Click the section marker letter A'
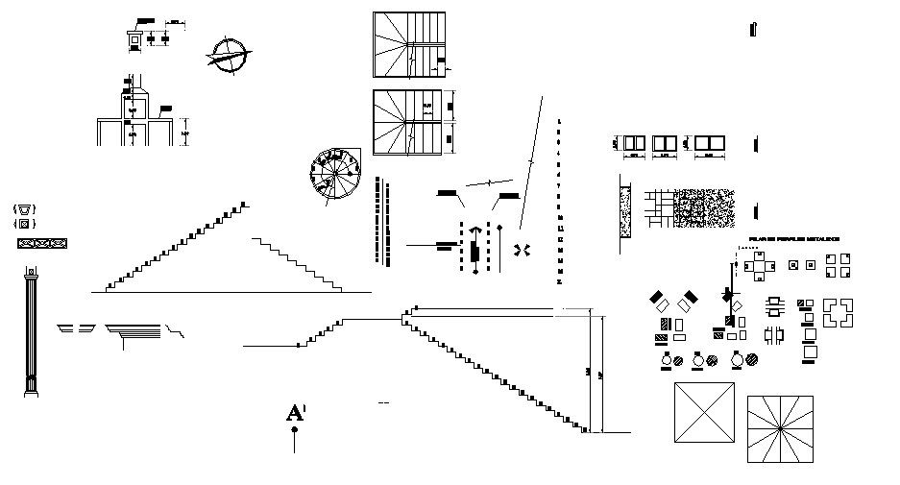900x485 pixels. point(296,414)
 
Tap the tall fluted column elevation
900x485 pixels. point(32,332)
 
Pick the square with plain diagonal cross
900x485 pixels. point(704,413)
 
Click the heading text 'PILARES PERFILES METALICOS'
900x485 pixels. point(793,238)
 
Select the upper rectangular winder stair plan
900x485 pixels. point(409,44)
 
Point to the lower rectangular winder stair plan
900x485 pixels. point(409,122)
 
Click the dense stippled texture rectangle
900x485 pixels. point(704,207)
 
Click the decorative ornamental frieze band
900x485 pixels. point(44,243)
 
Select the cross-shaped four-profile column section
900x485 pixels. point(759,264)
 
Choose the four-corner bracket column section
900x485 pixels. point(838,312)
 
